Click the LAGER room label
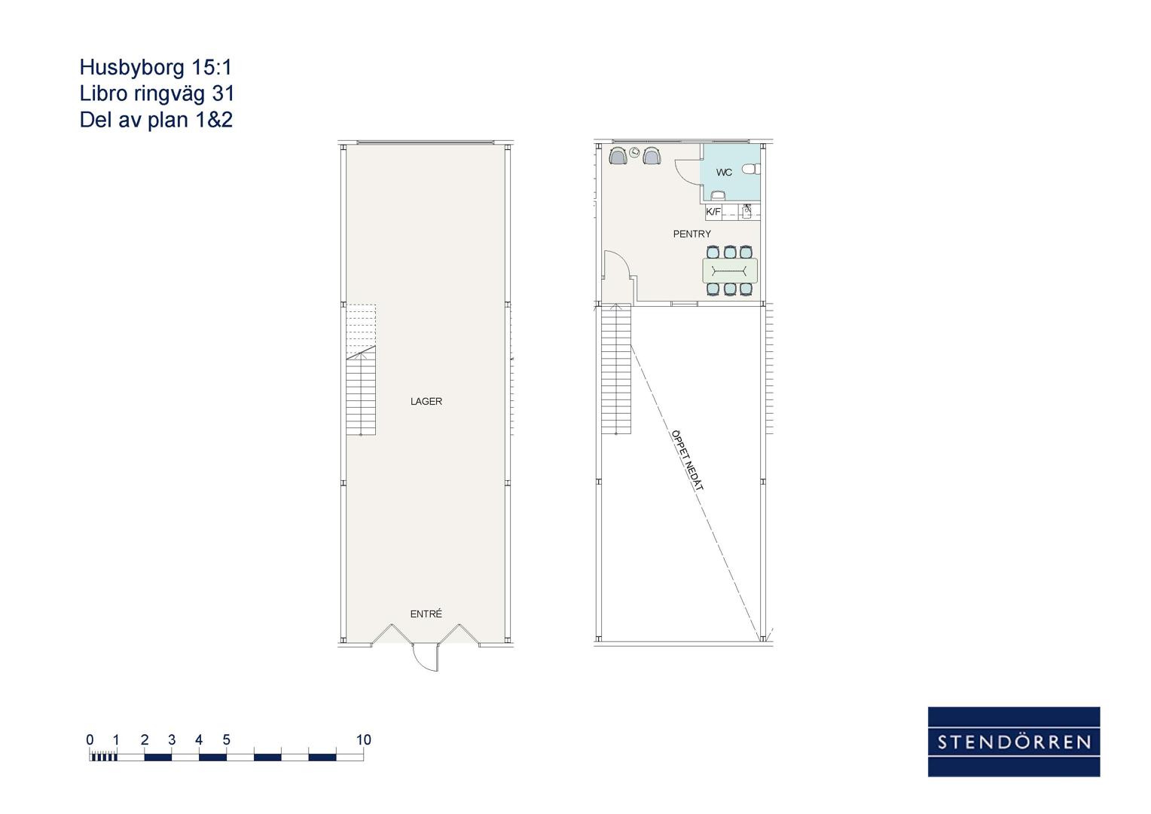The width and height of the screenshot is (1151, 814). [426, 402]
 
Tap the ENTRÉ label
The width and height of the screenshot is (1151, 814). [426, 614]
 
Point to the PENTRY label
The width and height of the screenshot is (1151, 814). [692, 234]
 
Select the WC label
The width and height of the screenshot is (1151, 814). [724, 173]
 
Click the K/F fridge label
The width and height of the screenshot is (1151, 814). [713, 211]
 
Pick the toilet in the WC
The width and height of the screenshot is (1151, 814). [751, 169]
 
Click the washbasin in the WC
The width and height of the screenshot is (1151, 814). [717, 195]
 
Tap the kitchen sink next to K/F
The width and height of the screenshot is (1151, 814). [748, 212]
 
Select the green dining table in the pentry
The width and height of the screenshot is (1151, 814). [730, 271]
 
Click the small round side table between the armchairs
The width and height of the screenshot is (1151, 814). [634, 151]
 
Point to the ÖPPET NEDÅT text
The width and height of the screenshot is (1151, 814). [687, 460]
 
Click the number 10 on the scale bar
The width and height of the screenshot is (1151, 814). [363, 740]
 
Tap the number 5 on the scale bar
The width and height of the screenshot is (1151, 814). [226, 740]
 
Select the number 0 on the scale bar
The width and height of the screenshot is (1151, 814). [90, 740]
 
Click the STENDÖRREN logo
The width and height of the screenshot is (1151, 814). [1014, 742]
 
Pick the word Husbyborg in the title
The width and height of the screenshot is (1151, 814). [132, 67]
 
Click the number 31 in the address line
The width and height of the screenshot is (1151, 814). [224, 93]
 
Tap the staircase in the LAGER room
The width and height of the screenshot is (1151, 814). [361, 370]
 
